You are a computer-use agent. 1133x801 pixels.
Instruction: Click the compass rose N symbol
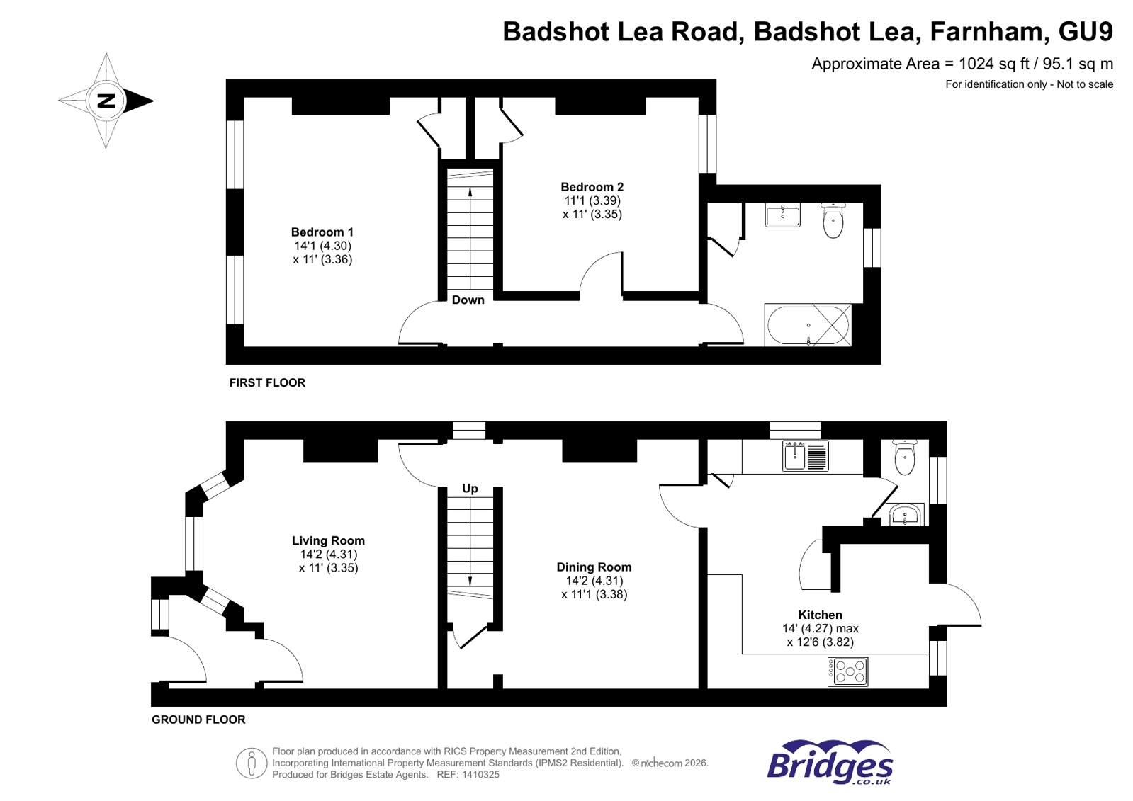point(106,101)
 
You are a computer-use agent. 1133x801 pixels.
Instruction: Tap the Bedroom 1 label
point(322,232)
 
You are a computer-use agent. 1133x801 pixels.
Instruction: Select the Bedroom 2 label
point(592,187)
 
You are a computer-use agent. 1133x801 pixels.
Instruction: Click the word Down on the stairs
point(468,300)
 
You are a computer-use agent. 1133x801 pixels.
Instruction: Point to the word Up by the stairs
point(470,489)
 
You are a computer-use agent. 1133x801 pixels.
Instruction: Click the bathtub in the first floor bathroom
point(808,325)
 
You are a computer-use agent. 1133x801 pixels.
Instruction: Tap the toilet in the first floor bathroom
point(833,220)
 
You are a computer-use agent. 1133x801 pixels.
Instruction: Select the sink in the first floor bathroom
point(782,215)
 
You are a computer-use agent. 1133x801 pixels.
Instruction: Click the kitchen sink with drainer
point(806,455)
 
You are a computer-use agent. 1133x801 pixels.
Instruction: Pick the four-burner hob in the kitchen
point(848,671)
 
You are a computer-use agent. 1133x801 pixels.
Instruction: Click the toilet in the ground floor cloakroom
point(905,457)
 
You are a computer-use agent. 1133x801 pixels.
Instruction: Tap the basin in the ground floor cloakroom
point(905,515)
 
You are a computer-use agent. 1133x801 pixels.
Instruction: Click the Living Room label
point(328,541)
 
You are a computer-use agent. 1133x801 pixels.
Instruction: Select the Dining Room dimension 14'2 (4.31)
point(594,581)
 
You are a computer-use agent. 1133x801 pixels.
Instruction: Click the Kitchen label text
point(820,615)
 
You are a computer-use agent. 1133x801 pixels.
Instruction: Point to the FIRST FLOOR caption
point(267,382)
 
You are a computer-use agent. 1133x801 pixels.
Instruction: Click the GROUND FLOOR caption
point(198,720)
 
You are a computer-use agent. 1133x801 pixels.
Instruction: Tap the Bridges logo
point(830,763)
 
